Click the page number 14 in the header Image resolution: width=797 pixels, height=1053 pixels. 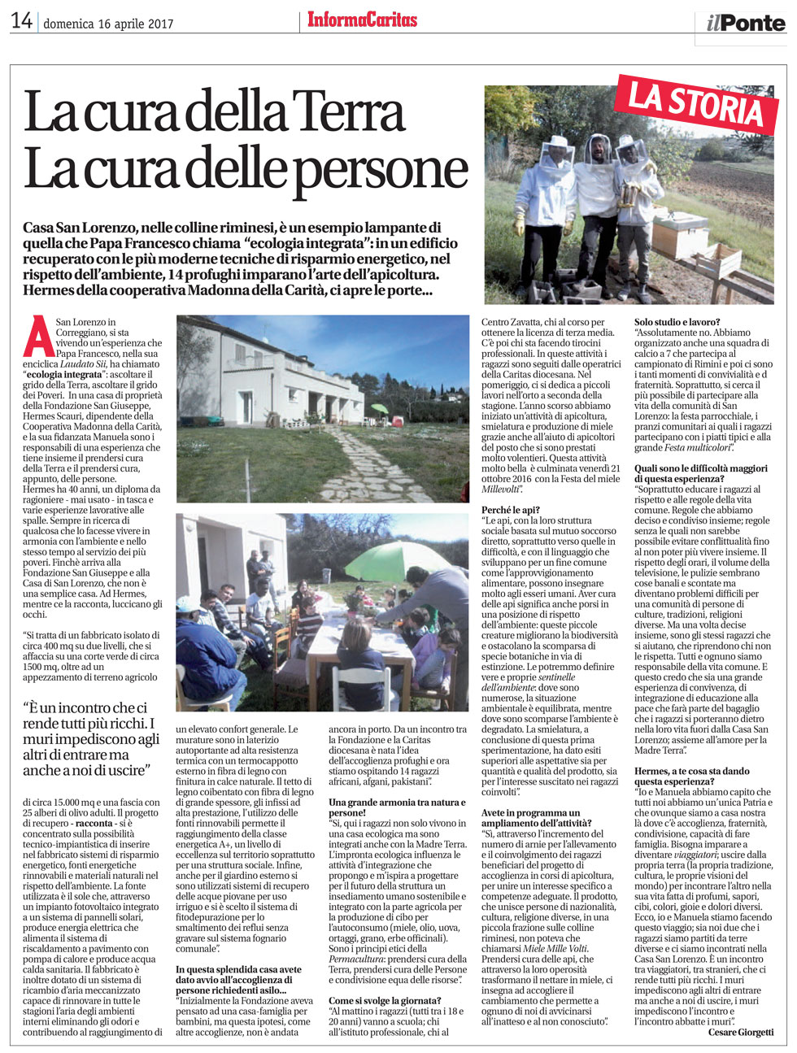tap(21, 21)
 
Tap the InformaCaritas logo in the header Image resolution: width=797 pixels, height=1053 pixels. tap(362, 20)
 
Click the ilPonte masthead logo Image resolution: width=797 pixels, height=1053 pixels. tap(745, 23)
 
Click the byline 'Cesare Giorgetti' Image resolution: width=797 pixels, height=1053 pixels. tap(741, 1032)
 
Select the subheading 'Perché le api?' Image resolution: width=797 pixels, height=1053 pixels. tap(511, 509)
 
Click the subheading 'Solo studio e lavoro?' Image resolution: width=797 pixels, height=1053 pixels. tap(677, 323)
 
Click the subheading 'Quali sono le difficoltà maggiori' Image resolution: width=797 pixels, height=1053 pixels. tap(700, 473)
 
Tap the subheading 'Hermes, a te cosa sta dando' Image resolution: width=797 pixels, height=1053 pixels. tap(691, 776)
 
